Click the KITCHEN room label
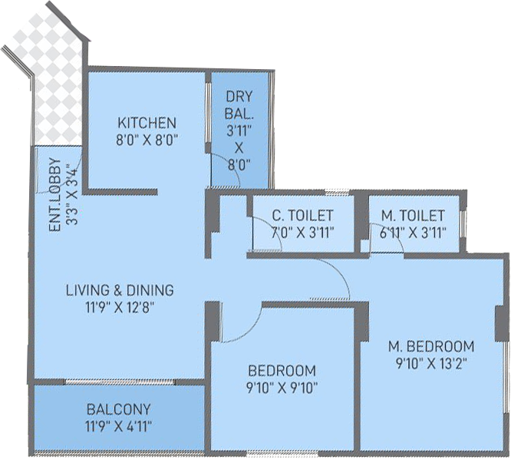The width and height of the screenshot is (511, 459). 147,123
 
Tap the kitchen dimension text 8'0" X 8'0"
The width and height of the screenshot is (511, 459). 147,140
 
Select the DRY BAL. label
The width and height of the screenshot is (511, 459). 239,105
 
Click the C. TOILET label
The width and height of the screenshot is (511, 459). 303,216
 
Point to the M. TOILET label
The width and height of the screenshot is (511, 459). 413,216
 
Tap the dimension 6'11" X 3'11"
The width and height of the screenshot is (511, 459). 413,233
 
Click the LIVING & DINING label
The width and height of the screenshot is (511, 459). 120,290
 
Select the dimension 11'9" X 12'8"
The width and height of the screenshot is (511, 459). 120,308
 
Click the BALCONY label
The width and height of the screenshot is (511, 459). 119,409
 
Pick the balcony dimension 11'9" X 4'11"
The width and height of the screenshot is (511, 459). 119,426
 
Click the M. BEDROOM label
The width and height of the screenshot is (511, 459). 431,346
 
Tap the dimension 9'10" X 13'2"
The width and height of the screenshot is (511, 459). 431,363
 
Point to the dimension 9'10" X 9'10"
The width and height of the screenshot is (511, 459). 282,388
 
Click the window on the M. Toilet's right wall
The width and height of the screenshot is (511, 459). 463,224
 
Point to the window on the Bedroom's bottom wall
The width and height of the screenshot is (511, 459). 282,453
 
